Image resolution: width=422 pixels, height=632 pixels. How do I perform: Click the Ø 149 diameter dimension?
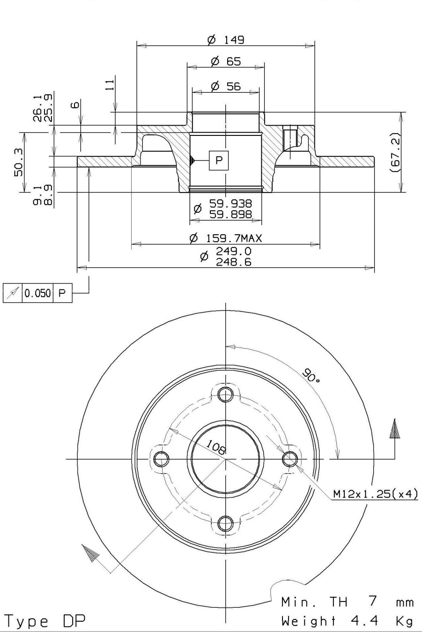pos(226,40)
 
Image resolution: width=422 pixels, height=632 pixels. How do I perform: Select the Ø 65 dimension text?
pos(226,61)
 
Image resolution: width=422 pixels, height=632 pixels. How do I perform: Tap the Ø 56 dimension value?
pos(226,86)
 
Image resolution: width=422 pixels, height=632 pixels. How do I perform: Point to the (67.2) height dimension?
pos(395,153)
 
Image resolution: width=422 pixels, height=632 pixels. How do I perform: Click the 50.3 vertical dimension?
pos(19,162)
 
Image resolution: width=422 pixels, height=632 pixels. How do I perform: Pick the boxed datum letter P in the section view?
pos(219,160)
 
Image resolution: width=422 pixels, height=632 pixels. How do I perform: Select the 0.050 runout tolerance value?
pos(37,293)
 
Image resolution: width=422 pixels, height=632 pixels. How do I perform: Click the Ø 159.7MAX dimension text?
pos(226,238)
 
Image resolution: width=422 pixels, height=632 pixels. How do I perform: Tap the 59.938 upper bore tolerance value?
pos(230,203)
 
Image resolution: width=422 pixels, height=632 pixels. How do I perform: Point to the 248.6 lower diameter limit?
pos(234,262)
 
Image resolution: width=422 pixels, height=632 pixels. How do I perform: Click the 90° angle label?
pos(311,375)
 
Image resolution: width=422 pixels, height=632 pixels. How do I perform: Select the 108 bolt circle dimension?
pos(216,447)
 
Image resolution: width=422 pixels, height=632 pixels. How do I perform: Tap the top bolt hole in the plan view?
pos(226,394)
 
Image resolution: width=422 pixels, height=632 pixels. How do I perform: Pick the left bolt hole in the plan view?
pos(161,459)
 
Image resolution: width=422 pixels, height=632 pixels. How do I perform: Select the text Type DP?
pos(45,621)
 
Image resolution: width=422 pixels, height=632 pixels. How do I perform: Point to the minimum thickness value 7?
pos(373,601)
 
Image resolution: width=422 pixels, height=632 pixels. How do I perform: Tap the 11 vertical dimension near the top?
pos(110,84)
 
